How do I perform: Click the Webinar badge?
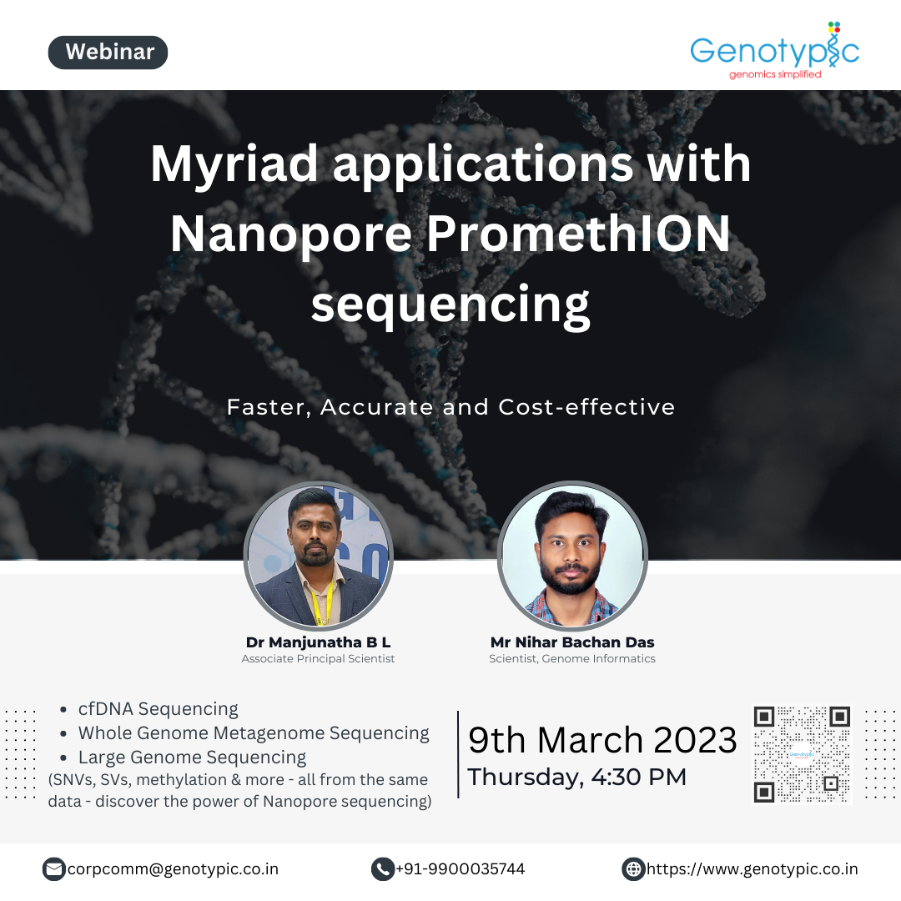pyautogui.click(x=108, y=53)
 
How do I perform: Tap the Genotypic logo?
pyautogui.click(x=774, y=51)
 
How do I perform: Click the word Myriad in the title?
pyautogui.click(x=234, y=165)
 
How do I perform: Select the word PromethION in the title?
pyautogui.click(x=578, y=234)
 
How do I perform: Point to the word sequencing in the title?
pyautogui.click(x=450, y=306)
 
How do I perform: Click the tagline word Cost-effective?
pyautogui.click(x=586, y=407)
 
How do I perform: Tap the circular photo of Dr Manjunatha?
pyautogui.click(x=319, y=556)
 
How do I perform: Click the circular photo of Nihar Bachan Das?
pyautogui.click(x=572, y=556)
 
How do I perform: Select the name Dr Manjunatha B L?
pyautogui.click(x=319, y=642)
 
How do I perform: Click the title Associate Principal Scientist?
pyautogui.click(x=319, y=658)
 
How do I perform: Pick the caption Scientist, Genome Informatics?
pyautogui.click(x=572, y=658)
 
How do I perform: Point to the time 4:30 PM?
pyautogui.click(x=639, y=777)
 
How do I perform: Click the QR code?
pyautogui.click(x=803, y=755)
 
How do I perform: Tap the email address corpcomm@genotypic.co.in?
pyautogui.click(x=173, y=868)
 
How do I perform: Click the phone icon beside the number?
pyautogui.click(x=383, y=869)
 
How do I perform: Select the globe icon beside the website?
pyautogui.click(x=633, y=869)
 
